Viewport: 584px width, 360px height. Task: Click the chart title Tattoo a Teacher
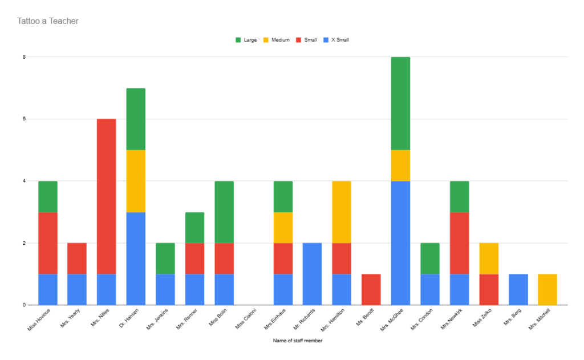pyautogui.click(x=48, y=21)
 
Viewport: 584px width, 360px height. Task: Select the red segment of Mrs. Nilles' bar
pyautogui.click(x=107, y=196)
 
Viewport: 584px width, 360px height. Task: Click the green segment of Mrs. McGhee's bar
pyautogui.click(x=400, y=103)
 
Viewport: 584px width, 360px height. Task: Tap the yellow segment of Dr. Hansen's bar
pyautogui.click(x=136, y=181)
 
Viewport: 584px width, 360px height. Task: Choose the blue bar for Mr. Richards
pyautogui.click(x=312, y=274)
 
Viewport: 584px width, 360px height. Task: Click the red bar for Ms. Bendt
pyautogui.click(x=371, y=289)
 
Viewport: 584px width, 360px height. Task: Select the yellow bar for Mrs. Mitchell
pyautogui.click(x=547, y=289)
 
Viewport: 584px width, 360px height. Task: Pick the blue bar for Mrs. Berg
pyautogui.click(x=518, y=289)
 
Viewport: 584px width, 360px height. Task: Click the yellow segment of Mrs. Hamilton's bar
pyautogui.click(x=342, y=212)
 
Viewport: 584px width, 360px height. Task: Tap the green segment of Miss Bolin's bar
pyautogui.click(x=224, y=212)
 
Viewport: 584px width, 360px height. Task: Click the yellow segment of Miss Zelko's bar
pyautogui.click(x=489, y=258)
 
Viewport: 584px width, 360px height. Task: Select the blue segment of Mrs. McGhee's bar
pyautogui.click(x=400, y=243)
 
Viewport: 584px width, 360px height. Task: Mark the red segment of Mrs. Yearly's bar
pyautogui.click(x=77, y=258)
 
